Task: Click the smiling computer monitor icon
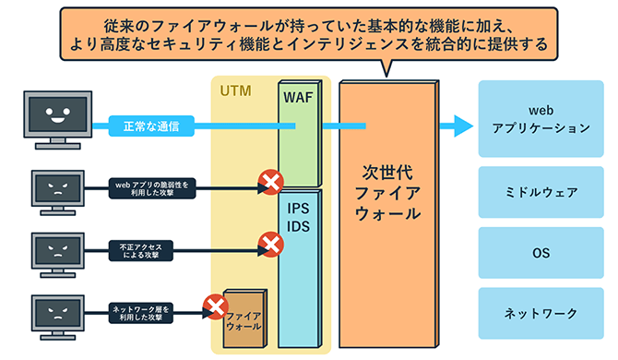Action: click(57, 117)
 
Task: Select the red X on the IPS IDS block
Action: click(271, 245)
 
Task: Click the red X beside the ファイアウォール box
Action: click(215, 306)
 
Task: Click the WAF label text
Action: click(298, 97)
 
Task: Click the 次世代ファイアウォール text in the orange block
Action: click(387, 193)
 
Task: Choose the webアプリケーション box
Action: click(540, 118)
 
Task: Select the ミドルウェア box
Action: click(540, 193)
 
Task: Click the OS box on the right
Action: click(540, 251)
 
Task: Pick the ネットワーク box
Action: click(540, 313)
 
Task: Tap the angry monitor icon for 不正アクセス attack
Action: click(57, 250)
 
